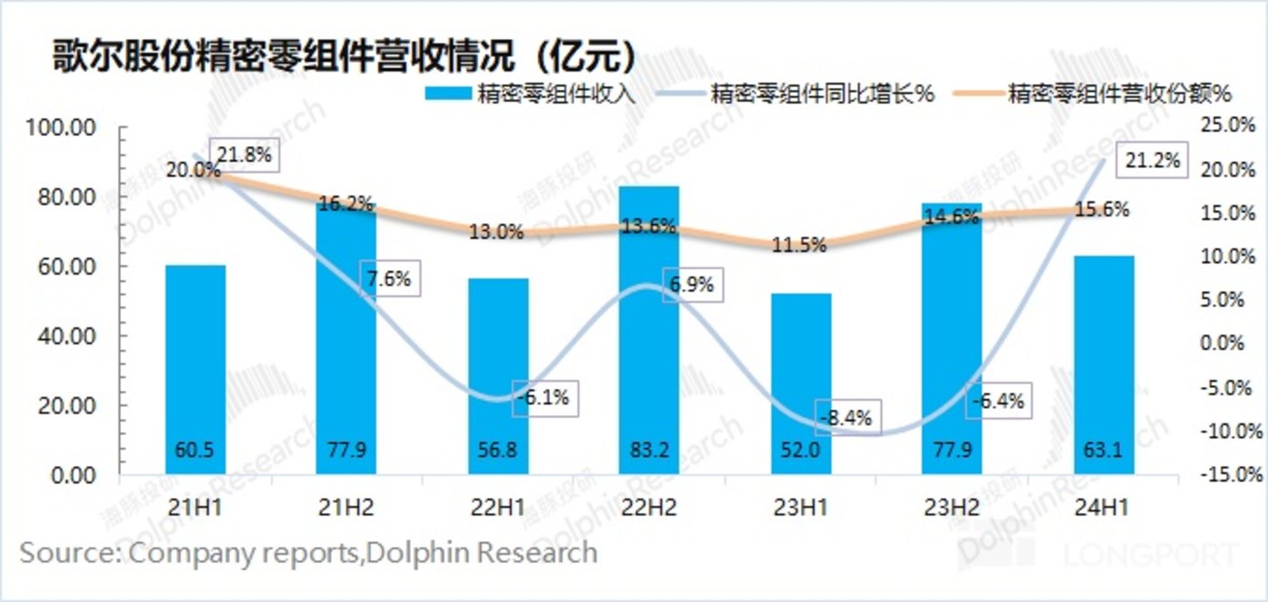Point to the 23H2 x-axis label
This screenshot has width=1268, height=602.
[951, 506]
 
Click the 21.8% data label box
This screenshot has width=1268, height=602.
[244, 155]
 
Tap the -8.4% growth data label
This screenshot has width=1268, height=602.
[846, 418]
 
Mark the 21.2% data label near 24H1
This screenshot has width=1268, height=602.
[1152, 160]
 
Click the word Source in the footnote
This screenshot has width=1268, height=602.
[67, 552]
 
